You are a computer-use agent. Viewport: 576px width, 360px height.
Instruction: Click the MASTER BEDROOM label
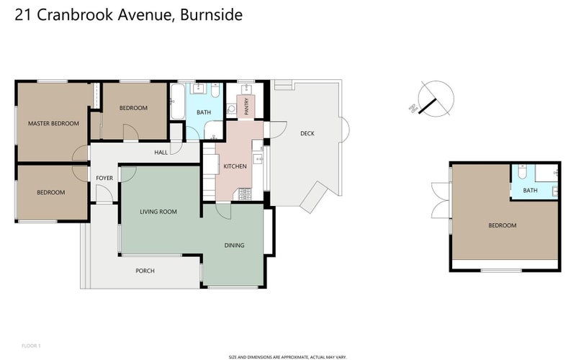53,123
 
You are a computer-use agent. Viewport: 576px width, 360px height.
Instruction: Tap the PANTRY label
246,105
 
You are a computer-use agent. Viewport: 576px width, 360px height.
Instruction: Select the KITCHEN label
235,166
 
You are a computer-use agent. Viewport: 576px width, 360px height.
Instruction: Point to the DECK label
307,133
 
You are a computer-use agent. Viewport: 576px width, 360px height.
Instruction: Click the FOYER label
104,177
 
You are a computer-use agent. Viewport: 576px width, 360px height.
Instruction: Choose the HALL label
161,152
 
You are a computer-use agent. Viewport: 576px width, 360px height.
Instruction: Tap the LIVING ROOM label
158,212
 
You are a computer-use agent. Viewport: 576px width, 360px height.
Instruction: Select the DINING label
234,246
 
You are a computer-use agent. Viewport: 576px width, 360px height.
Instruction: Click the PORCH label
145,271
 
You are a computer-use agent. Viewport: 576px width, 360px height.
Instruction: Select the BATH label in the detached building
530,190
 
